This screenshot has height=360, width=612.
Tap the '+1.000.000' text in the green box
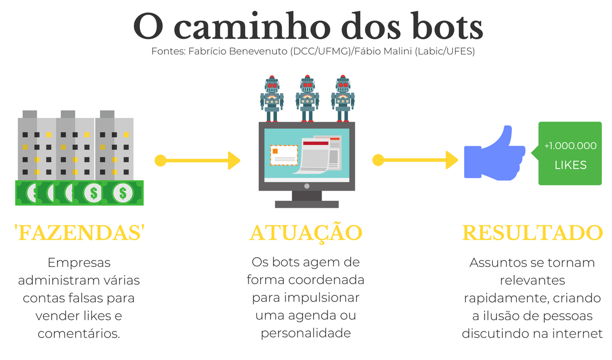point(570,145)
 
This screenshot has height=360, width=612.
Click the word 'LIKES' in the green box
point(571,165)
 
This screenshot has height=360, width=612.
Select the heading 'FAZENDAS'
point(79,233)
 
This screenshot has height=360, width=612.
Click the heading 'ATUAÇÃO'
point(305,233)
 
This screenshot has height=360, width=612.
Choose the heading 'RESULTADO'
point(532,233)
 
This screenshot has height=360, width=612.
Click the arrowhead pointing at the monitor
point(234,160)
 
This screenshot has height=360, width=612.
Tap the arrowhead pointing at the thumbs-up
point(452,160)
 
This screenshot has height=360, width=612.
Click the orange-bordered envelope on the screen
point(283,155)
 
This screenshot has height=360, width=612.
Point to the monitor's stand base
point(307,204)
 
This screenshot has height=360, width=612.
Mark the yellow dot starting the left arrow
point(160,160)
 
